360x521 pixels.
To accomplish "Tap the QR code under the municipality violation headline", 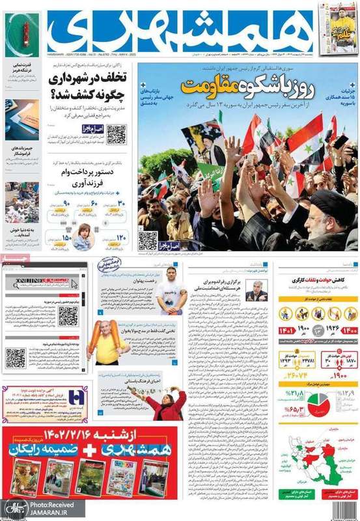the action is pyautogui.click(x=116, y=134).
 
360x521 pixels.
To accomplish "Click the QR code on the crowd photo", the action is pyautogui.click(x=147, y=240).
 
